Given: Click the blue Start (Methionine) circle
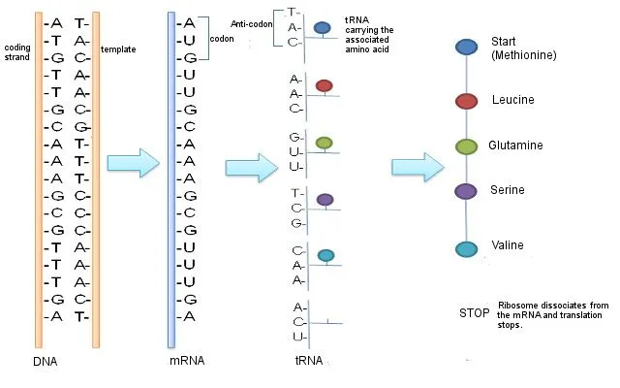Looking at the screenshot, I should click(x=467, y=47).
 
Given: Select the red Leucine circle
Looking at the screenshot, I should click(x=467, y=100).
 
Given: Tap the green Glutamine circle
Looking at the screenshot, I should click(x=467, y=146).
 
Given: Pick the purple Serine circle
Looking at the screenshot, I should click(x=467, y=191).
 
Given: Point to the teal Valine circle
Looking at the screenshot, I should click(x=467, y=249).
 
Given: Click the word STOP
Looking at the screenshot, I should click(x=474, y=312).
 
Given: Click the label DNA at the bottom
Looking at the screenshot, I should click(x=46, y=361).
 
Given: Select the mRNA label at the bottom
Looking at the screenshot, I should click(x=186, y=361).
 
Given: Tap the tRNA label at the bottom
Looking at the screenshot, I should click(x=309, y=361).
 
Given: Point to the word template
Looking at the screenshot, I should click(x=117, y=48).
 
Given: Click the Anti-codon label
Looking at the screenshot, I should click(x=252, y=23).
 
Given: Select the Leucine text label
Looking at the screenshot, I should click(x=512, y=100).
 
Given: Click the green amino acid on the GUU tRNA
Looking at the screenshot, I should click(x=325, y=144).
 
